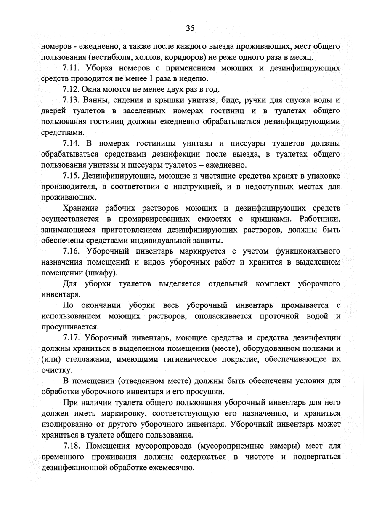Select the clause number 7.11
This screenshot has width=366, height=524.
(72, 67)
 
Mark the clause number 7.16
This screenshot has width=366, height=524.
(72, 251)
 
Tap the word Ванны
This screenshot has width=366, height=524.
(96, 100)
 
